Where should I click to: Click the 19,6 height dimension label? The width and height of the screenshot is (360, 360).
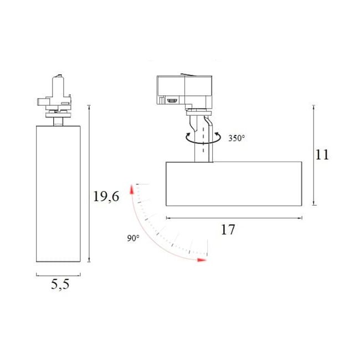point(106,197)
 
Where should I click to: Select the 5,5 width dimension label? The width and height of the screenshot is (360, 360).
point(60,285)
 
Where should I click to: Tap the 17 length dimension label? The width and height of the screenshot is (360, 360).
point(228,229)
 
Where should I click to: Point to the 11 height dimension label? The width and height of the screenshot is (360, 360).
point(322,155)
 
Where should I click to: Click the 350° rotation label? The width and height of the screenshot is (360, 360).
point(236,138)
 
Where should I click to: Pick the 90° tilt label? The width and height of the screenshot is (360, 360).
point(133,238)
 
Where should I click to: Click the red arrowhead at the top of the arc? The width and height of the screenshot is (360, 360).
point(132,189)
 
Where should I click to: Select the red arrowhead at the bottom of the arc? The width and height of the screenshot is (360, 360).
point(202,260)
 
